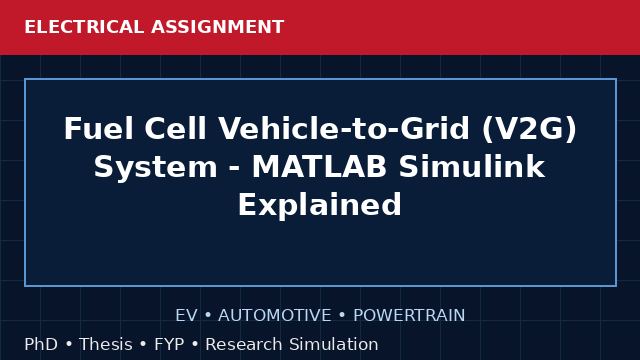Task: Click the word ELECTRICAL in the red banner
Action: coord(84,27)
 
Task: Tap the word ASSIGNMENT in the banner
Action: coord(218,27)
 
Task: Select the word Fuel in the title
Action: coord(98,129)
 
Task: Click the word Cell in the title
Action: coord(176,129)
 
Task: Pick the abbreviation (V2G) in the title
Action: coord(529,129)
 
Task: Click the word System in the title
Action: coord(156,167)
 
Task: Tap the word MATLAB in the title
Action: coord(319,167)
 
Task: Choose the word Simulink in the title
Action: coord(472,167)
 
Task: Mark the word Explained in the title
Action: coord(320,205)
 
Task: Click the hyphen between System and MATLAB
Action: coord(235,169)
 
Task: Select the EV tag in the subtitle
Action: coord(187,316)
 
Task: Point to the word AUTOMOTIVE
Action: coord(275,316)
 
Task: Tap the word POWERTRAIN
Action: coord(409,316)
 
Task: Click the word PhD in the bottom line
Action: coord(41,344)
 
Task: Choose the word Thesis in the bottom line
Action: coord(106,344)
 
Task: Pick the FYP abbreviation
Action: coord(169,344)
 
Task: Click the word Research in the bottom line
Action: coord(244,344)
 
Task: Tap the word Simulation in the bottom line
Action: coord(334,344)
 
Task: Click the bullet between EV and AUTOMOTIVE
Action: coord(208,316)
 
